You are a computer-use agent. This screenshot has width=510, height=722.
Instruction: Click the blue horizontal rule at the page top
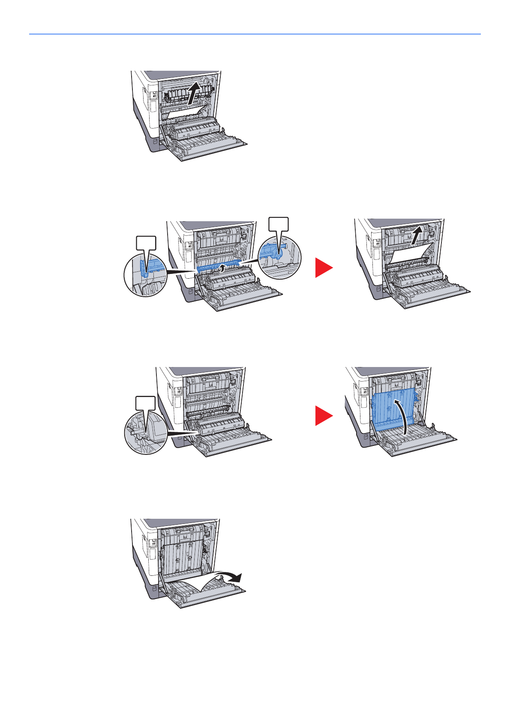click(255, 34)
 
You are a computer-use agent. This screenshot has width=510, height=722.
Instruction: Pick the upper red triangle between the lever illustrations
click(323, 268)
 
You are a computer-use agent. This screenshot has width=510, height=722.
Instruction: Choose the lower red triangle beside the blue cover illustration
click(323, 416)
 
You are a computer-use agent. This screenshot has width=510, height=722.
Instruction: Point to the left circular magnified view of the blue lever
click(145, 274)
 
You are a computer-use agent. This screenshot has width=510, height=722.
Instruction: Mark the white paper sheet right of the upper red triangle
click(407, 253)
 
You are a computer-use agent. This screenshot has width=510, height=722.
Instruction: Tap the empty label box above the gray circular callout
click(146, 403)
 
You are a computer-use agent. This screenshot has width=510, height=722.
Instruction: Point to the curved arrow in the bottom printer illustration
click(229, 577)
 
